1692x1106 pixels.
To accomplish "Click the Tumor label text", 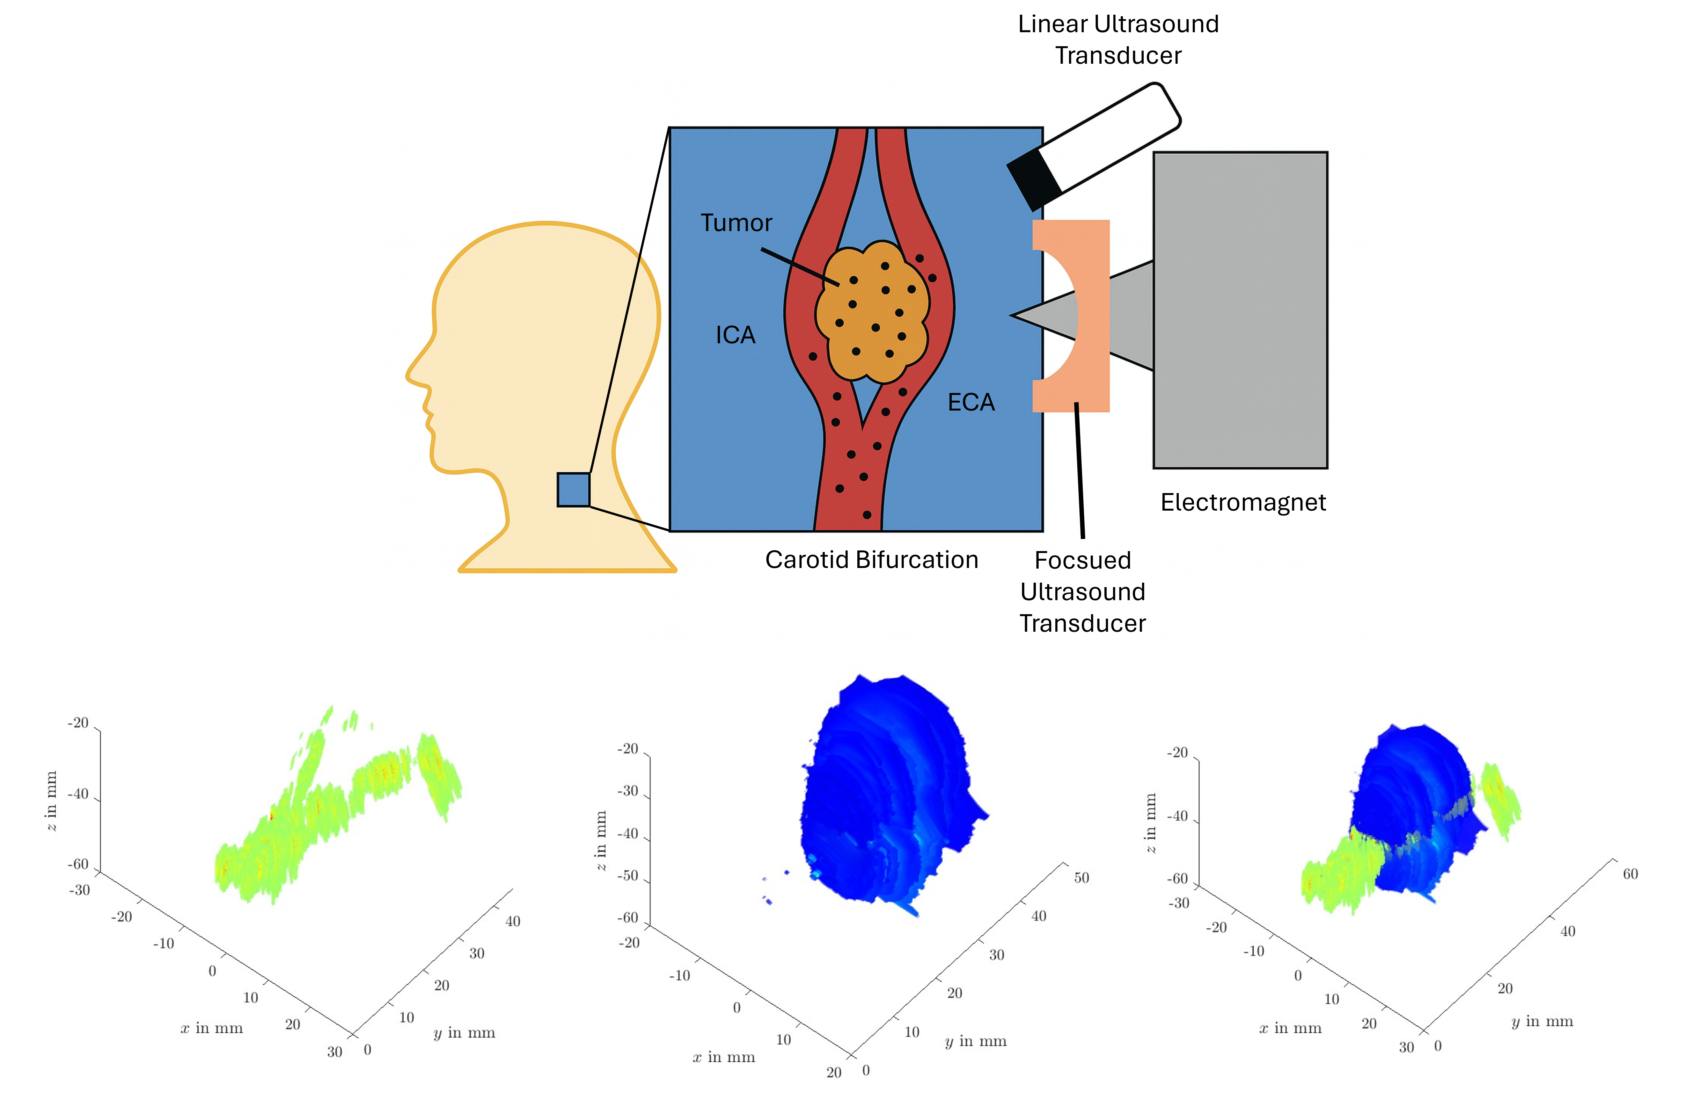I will pos(736,223).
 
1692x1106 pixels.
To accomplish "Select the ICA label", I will pos(735,335).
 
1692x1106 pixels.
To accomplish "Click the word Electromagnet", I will pos(1243,503).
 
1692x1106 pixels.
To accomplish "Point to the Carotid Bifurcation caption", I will pos(872,560).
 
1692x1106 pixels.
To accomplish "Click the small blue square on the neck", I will pos(573,490).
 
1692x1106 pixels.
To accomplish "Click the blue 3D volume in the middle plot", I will pos(882,789).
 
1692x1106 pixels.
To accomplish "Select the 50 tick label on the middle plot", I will pos(1081,878).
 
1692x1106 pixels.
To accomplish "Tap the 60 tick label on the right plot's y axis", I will pos(1630,874).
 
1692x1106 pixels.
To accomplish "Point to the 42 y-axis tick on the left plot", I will pos(513,921).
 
